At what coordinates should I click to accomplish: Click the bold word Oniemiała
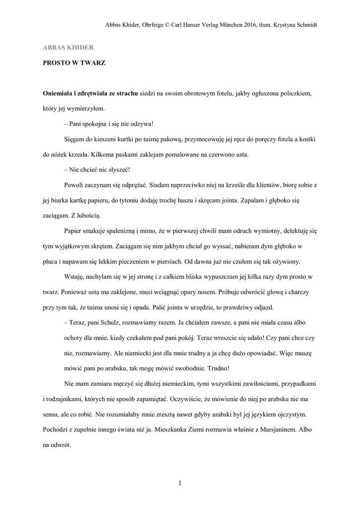(x=61, y=93)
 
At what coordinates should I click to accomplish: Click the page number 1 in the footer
(x=180, y=483)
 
